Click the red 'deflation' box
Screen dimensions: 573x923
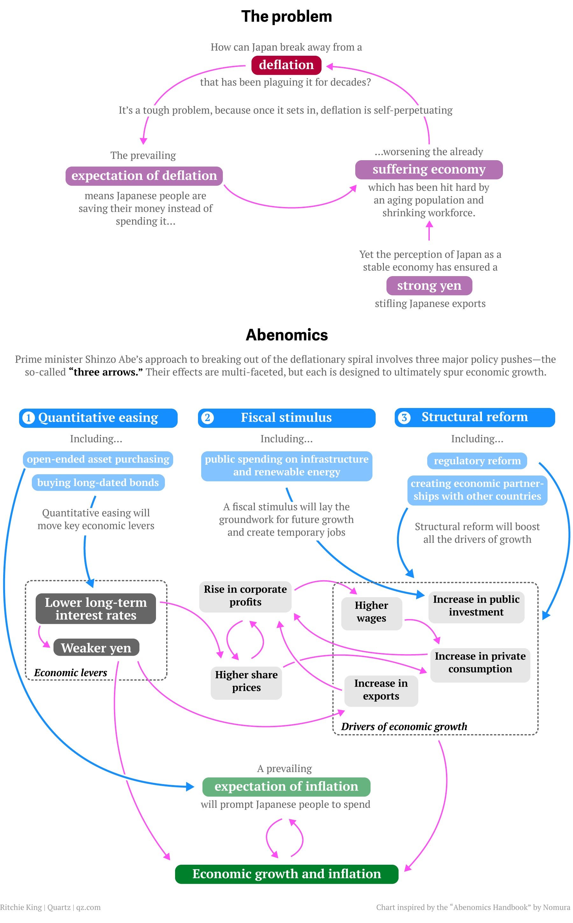pyautogui.click(x=286, y=65)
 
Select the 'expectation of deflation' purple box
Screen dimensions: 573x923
pyautogui.click(x=144, y=176)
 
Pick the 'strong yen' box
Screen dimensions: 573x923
pyautogui.click(x=429, y=285)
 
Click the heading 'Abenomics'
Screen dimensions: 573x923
pyautogui.click(x=286, y=335)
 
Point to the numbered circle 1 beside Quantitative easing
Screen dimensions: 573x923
pyautogui.click(x=28, y=418)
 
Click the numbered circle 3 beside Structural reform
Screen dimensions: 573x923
pyautogui.click(x=404, y=417)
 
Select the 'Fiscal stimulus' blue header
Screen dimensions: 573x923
pyautogui.click(x=286, y=418)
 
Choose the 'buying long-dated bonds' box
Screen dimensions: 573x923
pyautogui.click(x=98, y=483)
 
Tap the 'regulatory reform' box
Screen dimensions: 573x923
pyautogui.click(x=477, y=461)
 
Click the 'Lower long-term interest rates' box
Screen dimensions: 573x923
pyautogui.click(x=96, y=608)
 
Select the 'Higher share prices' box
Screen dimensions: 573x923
pyautogui.click(x=246, y=681)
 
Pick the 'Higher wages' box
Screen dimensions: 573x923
pyautogui.click(x=371, y=612)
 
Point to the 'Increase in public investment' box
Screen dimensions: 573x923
pyautogui.click(x=476, y=606)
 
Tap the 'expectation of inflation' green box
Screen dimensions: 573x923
pyautogui.click(x=286, y=787)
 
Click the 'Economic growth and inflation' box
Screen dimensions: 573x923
pyautogui.click(x=286, y=874)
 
